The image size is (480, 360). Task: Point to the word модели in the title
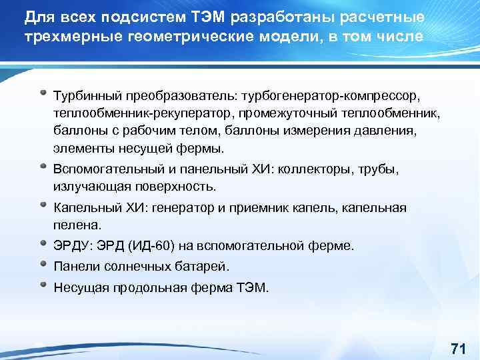[x=287, y=35]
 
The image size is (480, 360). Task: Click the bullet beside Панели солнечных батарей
[x=43, y=265]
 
